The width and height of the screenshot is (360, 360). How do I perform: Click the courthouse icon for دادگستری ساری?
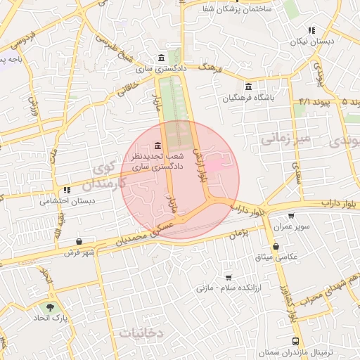(162, 58)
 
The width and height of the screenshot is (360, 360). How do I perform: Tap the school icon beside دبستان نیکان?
(311, 30)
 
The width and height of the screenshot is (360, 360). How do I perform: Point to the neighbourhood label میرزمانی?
(285, 139)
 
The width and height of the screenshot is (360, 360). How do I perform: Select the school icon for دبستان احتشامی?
(67, 190)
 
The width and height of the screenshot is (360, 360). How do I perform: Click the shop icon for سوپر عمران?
(292, 217)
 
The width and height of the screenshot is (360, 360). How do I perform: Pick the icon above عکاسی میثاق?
(276, 247)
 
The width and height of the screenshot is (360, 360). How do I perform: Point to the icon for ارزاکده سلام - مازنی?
(227, 277)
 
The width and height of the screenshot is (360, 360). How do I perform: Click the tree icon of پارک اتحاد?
(50, 307)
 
